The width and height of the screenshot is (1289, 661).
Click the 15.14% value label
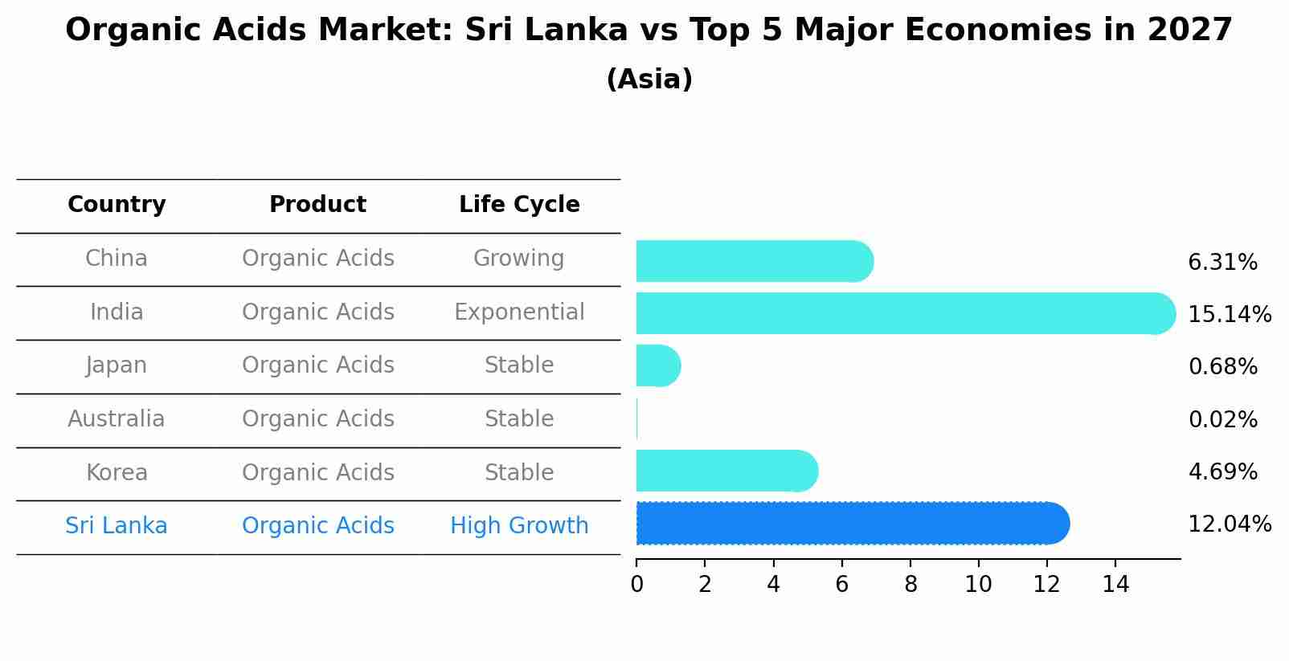tap(1229, 314)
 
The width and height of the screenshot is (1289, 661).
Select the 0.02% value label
tap(1222, 419)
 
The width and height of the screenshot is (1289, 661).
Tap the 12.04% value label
tap(1229, 524)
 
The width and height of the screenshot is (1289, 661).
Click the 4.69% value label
tap(1222, 471)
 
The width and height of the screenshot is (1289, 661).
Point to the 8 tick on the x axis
tap(910, 585)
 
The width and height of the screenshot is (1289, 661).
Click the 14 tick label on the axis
tap(1115, 585)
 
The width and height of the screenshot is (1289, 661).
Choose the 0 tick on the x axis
tap(636, 585)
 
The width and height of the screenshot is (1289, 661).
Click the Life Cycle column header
tap(519, 205)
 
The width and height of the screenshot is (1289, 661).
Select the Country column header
tap(117, 205)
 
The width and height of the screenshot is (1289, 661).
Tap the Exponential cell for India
tap(519, 312)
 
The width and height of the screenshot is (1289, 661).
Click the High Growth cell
tap(519, 526)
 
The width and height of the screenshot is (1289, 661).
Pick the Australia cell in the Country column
tap(117, 419)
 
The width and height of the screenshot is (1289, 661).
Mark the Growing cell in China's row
tap(519, 259)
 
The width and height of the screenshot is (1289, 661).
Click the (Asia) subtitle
tap(649, 80)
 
